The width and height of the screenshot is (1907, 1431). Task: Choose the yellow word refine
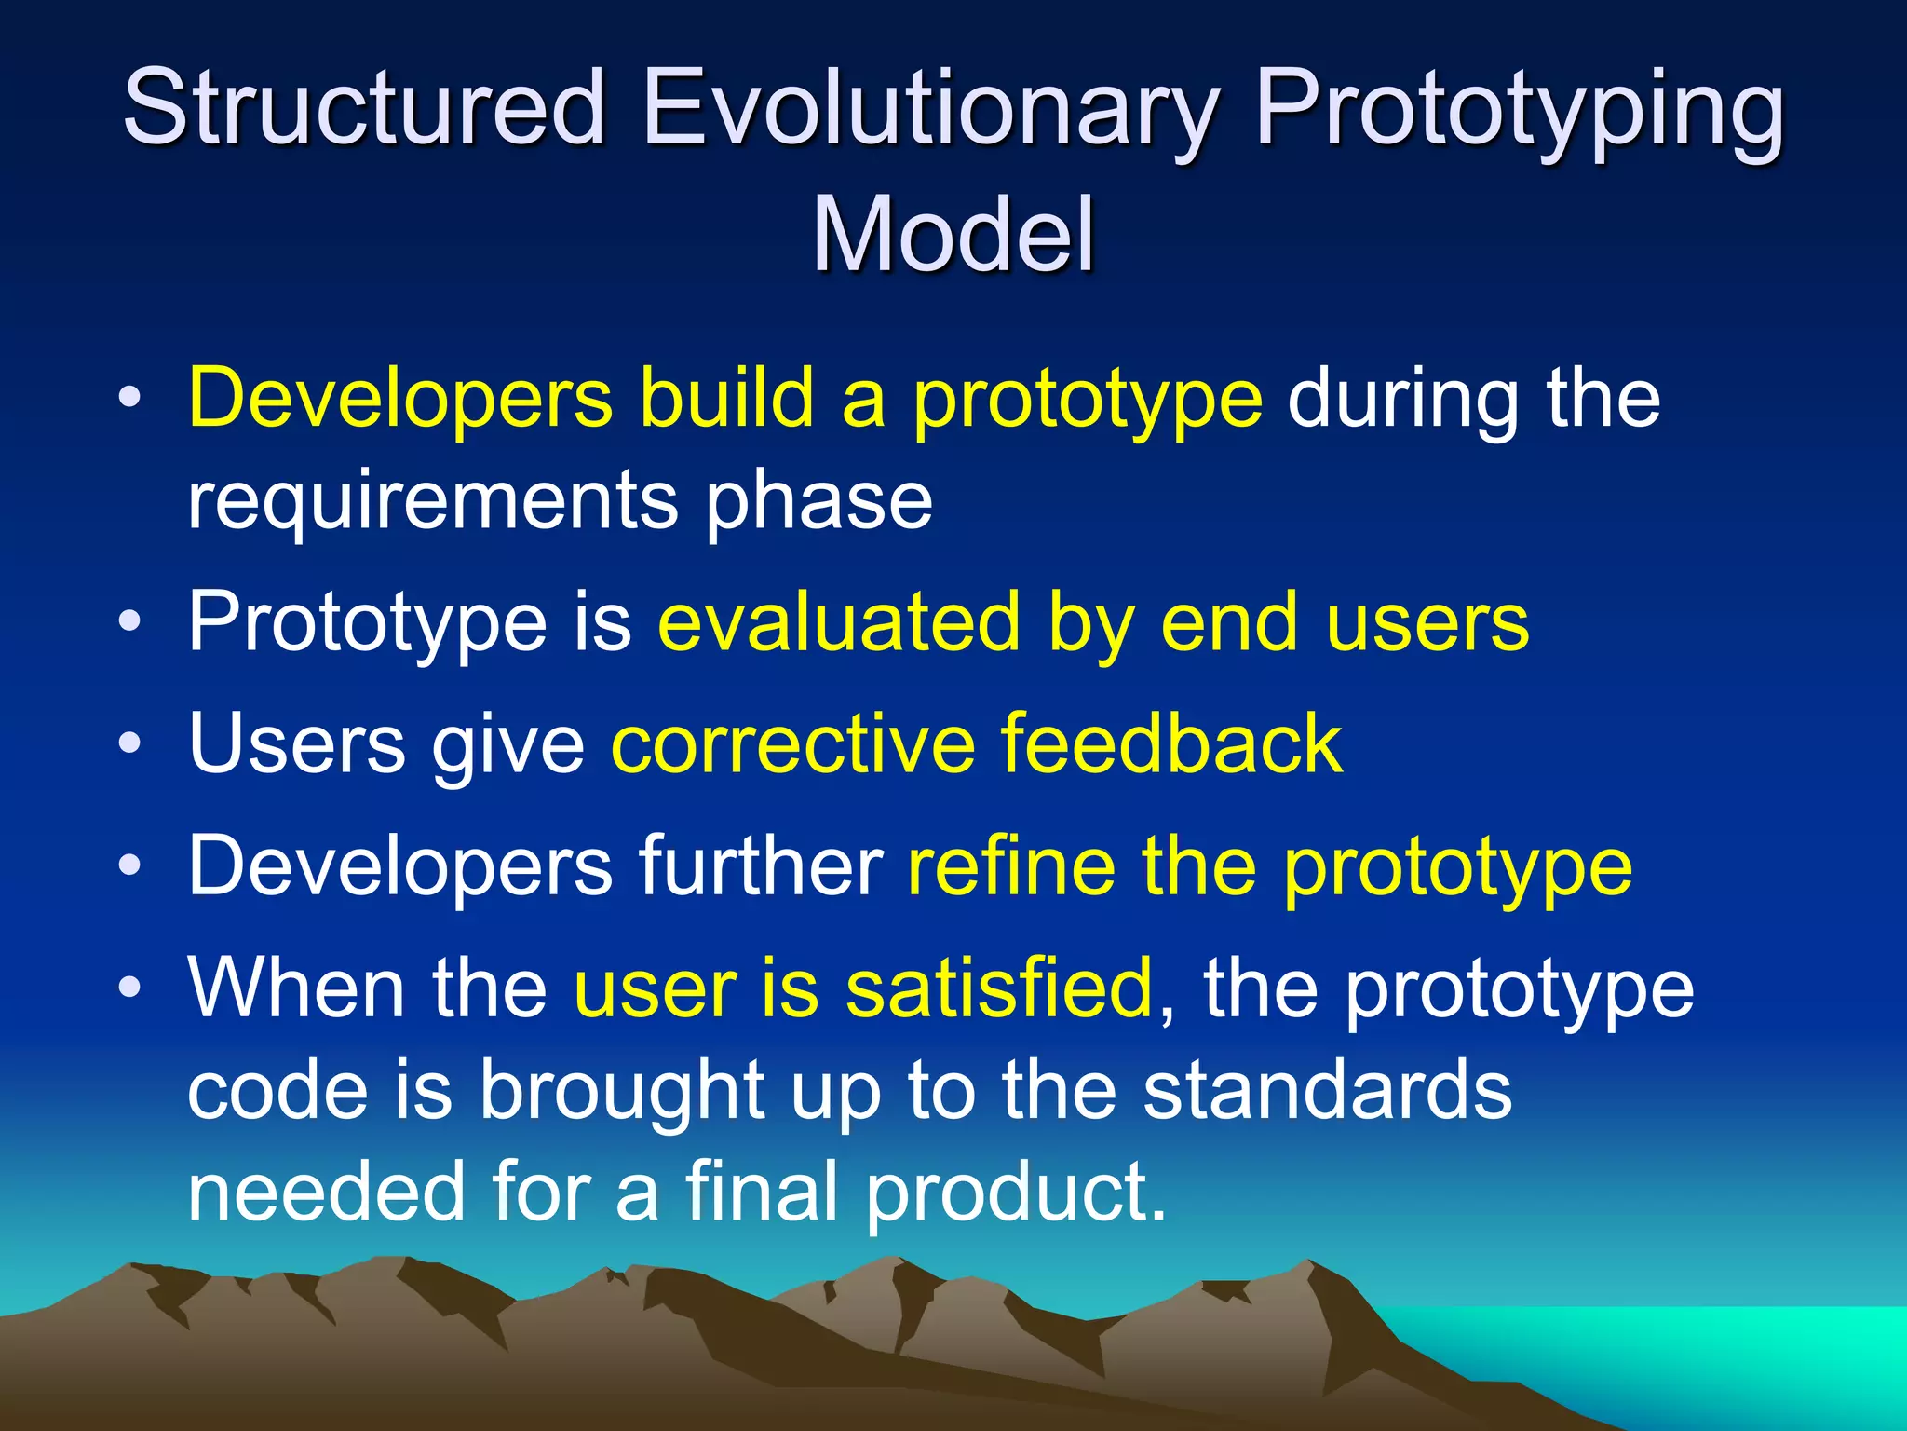tap(1011, 865)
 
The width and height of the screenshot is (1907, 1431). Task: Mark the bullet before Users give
tap(130, 744)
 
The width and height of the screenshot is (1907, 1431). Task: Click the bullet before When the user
tap(130, 988)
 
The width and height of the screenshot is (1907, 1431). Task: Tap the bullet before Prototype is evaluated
tap(130, 621)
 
